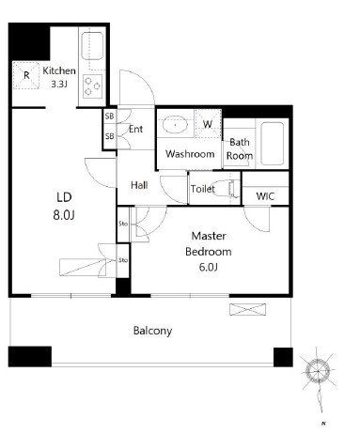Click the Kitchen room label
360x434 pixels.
(x=59, y=70)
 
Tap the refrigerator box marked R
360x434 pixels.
(x=26, y=75)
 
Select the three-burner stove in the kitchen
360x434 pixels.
(x=93, y=86)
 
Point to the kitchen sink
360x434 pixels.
(x=92, y=46)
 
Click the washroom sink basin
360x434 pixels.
(x=175, y=125)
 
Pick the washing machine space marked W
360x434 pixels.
(x=208, y=124)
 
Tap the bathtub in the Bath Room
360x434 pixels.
(x=273, y=144)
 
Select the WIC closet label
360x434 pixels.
(x=265, y=196)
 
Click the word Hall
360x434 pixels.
(x=139, y=185)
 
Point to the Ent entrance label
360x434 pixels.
(x=135, y=129)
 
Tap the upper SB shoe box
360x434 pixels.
(x=109, y=116)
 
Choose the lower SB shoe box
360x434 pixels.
(x=109, y=136)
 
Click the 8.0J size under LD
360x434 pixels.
(x=64, y=215)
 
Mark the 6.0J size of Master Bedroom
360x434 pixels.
(x=209, y=267)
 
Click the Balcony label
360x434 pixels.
(x=152, y=331)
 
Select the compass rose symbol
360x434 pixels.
(x=318, y=371)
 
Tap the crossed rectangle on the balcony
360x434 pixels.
(x=247, y=309)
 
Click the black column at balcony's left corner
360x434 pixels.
(x=30, y=356)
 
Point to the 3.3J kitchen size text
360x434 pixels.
(x=59, y=84)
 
